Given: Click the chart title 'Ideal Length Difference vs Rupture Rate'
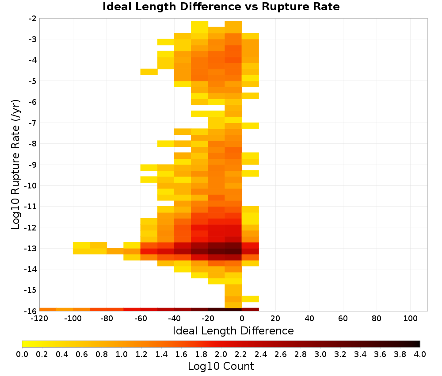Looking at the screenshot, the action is pyautogui.click(x=221, y=7).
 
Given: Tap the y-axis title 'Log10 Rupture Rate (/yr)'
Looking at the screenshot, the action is pyautogui.click(x=15, y=165).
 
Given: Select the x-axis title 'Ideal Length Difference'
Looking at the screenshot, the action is pyautogui.click(x=233, y=330).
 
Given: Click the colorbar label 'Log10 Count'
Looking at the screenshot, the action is pyautogui.click(x=221, y=366).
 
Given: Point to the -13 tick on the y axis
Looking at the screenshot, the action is pyautogui.click(x=33, y=249).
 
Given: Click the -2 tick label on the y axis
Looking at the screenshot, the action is pyautogui.click(x=33, y=19).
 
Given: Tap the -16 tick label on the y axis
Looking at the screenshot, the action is pyautogui.click(x=33, y=311).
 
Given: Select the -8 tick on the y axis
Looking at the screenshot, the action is pyautogui.click(x=33, y=144).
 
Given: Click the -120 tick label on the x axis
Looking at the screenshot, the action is pyautogui.click(x=39, y=319).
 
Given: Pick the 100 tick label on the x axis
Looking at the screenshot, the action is pyautogui.click(x=410, y=319).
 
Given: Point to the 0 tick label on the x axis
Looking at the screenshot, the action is pyautogui.click(x=242, y=319).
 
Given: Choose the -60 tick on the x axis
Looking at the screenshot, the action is pyautogui.click(x=141, y=319).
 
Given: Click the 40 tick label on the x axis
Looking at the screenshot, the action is pyautogui.click(x=309, y=319).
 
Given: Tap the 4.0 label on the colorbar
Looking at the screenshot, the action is pyautogui.click(x=420, y=354).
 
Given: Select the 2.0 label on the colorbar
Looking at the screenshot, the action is pyautogui.click(x=221, y=354).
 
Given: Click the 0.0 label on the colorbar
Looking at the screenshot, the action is pyautogui.click(x=22, y=354).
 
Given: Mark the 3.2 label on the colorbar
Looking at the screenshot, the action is pyautogui.click(x=340, y=354).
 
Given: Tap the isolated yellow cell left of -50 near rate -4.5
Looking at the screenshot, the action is pyautogui.click(x=149, y=72).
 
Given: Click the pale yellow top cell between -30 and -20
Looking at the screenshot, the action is pyautogui.click(x=200, y=27).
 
